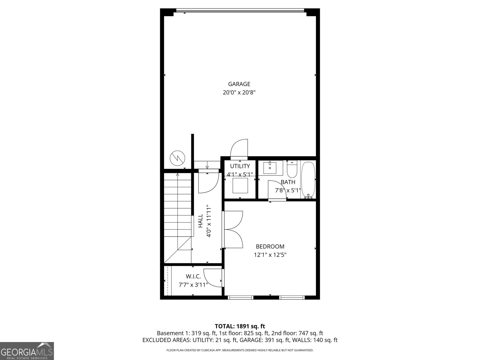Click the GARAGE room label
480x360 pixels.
[239, 84]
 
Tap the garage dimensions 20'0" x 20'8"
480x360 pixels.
[239, 93]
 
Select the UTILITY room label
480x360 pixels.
[240, 166]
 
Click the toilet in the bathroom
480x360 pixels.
[292, 170]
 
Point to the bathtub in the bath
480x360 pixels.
[308, 179]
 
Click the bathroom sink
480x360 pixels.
[273, 168]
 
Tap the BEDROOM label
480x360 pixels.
[270, 247]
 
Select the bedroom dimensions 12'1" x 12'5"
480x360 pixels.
[270, 255]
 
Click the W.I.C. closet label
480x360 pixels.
[193, 276]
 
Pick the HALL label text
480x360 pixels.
[200, 221]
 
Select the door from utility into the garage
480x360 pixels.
[239, 148]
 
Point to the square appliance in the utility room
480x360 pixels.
[240, 185]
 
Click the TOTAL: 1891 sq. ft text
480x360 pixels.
[240, 326]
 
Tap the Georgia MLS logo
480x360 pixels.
[27, 351]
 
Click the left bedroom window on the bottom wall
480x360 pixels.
[241, 298]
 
